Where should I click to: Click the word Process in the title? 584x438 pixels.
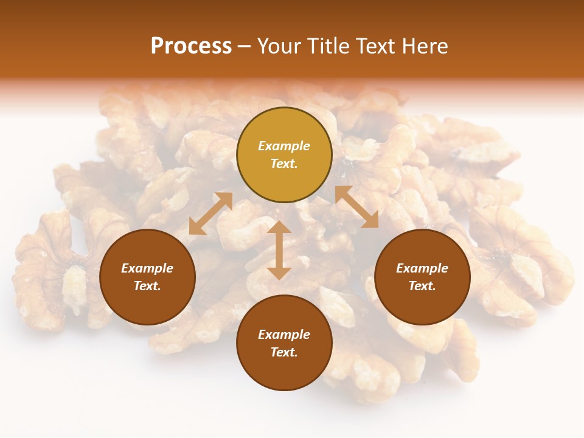coord(191,46)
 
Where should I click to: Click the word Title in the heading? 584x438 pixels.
coord(328,46)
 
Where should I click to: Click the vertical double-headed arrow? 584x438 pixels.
coord(279,251)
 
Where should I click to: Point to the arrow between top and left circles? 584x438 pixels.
coord(210,214)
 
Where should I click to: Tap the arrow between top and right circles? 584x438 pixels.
coord(356,207)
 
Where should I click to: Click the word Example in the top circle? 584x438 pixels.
coord(284,146)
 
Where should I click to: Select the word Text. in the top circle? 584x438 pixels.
coord(284,164)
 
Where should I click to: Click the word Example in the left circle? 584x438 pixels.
coord(147,268)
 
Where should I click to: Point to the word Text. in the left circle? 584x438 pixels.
coord(147,286)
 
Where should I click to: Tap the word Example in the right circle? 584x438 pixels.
coord(422,268)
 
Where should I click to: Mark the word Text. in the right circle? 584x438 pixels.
coord(422,286)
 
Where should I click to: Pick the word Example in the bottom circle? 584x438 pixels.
coord(284,335)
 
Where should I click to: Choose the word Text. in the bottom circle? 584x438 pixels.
coord(284,352)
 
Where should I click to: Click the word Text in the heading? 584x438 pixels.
coord(377,46)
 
